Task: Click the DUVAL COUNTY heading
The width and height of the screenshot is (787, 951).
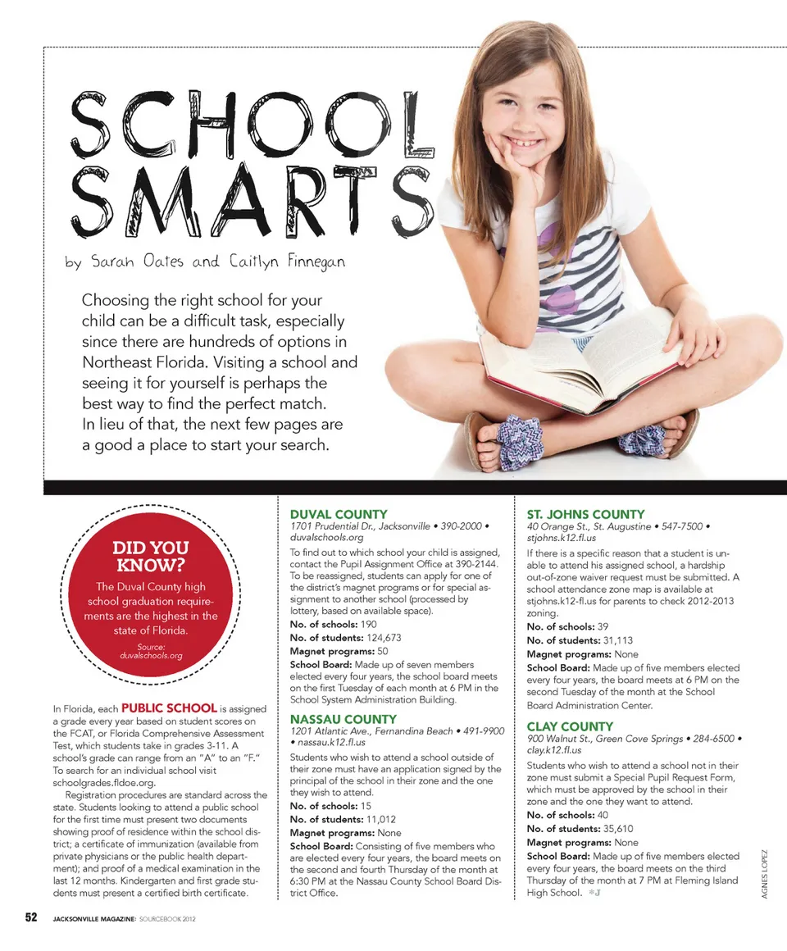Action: point(339,514)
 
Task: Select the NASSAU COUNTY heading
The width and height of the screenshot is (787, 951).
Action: point(343,719)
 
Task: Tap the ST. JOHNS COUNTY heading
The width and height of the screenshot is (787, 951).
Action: point(585,514)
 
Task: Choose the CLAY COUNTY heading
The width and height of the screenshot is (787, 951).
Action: point(570,726)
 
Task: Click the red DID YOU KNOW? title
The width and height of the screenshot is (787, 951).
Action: point(150,556)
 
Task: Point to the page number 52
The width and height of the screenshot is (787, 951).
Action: point(31,918)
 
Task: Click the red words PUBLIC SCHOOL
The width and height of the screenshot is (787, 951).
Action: point(169,708)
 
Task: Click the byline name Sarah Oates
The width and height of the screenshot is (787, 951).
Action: point(138,262)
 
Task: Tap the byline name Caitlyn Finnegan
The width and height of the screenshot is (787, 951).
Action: point(286,262)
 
